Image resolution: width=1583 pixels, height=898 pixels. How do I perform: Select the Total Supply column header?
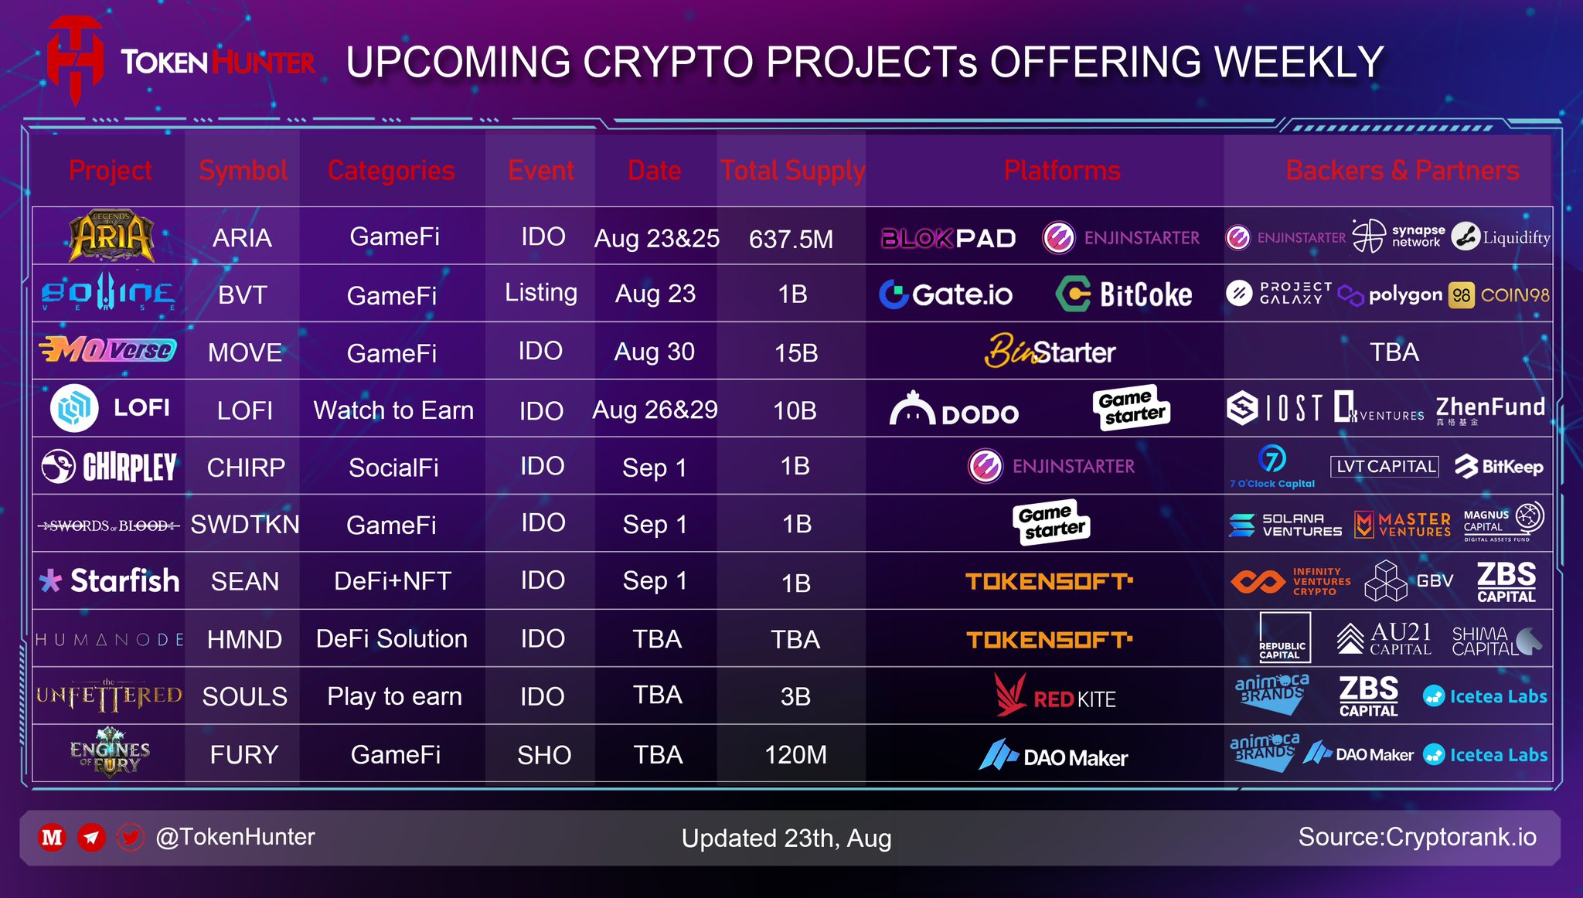tap(792, 170)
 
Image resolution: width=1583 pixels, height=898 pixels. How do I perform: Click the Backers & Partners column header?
tap(1402, 170)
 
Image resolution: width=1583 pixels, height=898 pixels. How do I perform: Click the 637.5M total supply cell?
tap(791, 239)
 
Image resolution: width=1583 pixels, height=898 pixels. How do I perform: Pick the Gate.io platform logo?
tap(946, 294)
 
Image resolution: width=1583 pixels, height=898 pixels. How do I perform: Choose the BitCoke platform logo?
tap(1124, 294)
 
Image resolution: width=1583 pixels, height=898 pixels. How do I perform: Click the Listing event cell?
tap(541, 293)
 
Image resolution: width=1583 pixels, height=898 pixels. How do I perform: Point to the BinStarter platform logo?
tap(1049, 352)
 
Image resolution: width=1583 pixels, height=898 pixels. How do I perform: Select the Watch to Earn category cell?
tap(393, 410)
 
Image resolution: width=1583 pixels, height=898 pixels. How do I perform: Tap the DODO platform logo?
tap(954, 410)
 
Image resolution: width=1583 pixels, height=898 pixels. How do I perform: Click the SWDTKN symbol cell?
tap(244, 525)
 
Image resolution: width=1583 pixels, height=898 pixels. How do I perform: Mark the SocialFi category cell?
tap(393, 468)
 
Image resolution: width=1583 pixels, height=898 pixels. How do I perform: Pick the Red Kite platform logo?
tap(1055, 696)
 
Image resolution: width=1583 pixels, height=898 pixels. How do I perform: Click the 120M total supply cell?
tap(795, 754)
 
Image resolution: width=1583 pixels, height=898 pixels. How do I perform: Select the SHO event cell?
tap(543, 755)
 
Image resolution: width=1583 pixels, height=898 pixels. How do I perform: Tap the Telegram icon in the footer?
tap(91, 837)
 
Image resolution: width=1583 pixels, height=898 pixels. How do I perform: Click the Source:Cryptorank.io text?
tap(1417, 837)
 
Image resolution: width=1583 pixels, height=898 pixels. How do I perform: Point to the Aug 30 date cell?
tap(654, 352)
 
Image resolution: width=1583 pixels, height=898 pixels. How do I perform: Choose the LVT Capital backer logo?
tap(1384, 466)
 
